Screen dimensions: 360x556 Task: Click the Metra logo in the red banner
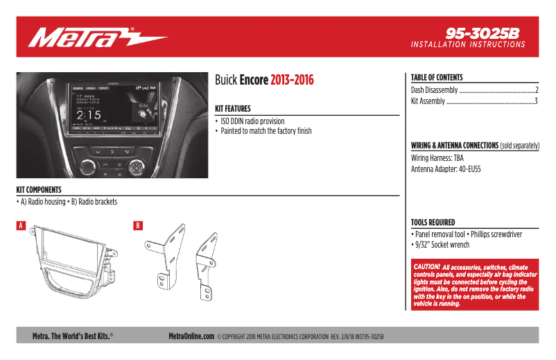tap(96, 37)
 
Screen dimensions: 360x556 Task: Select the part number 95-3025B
tap(483, 32)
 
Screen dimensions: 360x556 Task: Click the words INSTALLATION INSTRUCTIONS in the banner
tap(468, 44)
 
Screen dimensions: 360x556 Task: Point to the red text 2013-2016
tap(292, 80)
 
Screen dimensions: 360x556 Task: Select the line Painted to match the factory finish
tap(266, 131)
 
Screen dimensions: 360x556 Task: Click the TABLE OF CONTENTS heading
tap(437, 78)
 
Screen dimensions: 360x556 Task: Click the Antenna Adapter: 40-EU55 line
tap(446, 169)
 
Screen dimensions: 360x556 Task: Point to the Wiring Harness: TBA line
tap(437, 158)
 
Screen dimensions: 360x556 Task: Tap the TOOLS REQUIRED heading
tap(433, 223)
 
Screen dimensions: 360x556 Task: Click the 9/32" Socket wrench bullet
tap(442, 245)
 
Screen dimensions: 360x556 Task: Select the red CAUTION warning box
tap(475, 285)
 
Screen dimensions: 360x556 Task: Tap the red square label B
tap(138, 225)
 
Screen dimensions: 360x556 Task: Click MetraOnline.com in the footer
tap(191, 336)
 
